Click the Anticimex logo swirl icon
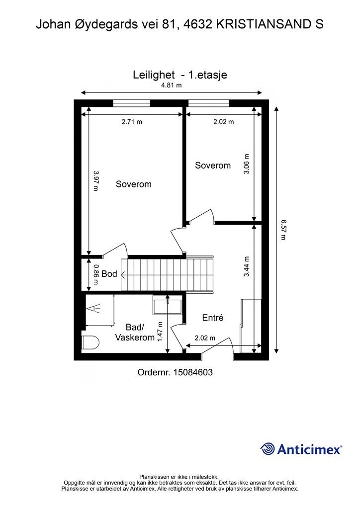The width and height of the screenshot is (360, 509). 267,449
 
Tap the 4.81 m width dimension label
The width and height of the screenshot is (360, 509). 172,85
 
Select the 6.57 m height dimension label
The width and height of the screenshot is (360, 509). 283,230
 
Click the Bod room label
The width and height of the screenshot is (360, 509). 109,274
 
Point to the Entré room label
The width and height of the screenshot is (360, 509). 213,318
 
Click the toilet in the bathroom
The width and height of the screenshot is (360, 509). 90,342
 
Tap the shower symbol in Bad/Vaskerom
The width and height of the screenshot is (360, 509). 94,308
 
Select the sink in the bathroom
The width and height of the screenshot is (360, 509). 168,305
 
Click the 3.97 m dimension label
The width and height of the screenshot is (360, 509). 96,181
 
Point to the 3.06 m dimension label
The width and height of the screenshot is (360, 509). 247,164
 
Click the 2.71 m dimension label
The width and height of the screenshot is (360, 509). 132,122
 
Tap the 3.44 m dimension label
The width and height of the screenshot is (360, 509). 247,266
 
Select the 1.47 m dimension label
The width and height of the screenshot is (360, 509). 160,332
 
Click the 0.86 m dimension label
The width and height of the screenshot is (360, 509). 96,274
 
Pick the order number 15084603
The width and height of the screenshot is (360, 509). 193,372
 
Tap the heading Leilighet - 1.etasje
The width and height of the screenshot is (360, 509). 180,75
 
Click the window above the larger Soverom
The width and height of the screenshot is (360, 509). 131,103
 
